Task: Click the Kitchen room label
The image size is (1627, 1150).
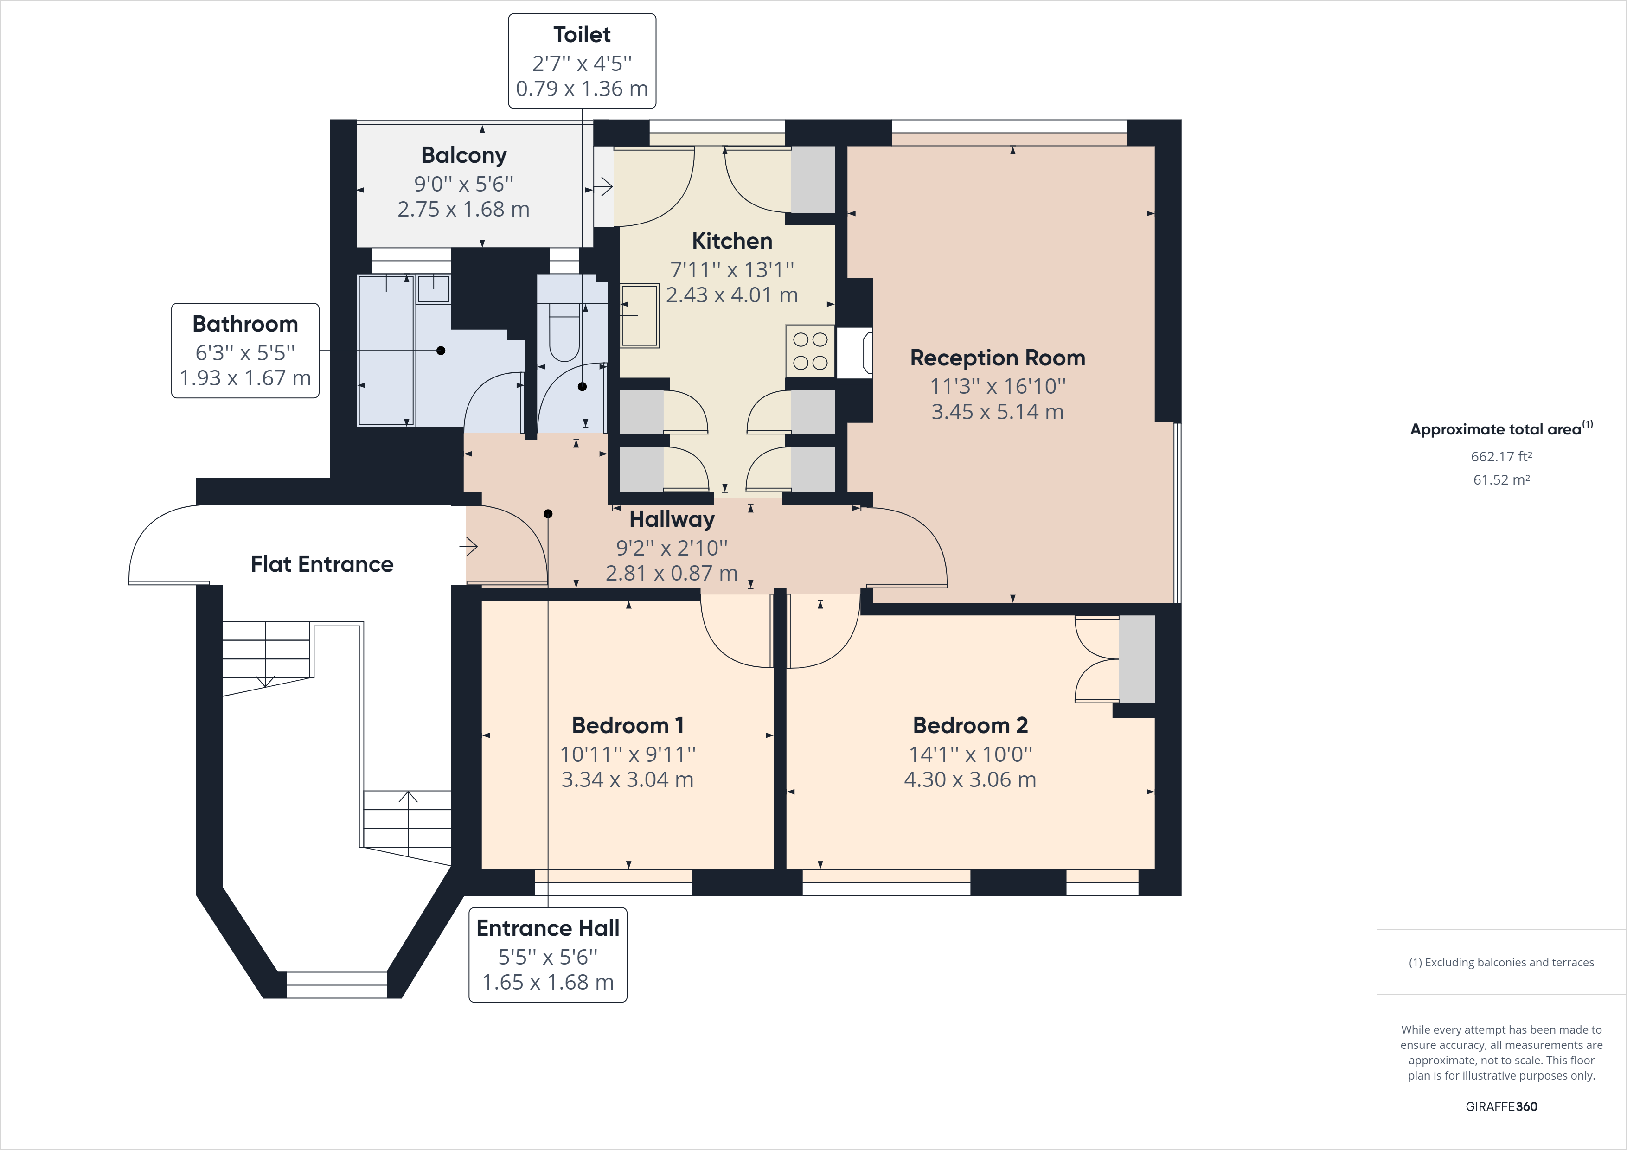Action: click(x=731, y=241)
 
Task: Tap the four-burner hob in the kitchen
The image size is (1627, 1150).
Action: click(x=810, y=351)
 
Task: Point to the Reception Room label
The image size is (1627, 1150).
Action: click(x=997, y=358)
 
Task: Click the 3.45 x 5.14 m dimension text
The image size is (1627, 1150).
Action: click(x=997, y=412)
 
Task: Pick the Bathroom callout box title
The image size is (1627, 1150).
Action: click(x=245, y=324)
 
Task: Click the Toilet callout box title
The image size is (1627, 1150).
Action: click(x=582, y=35)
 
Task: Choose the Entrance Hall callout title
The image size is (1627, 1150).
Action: click(x=548, y=928)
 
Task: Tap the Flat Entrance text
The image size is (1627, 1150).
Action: click(x=322, y=564)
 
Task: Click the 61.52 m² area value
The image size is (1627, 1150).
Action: click(x=1501, y=479)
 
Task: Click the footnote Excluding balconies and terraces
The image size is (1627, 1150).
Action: click(x=1501, y=962)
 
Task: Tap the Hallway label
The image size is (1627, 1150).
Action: click(x=671, y=519)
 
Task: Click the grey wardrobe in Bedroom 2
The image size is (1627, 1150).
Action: click(x=1137, y=659)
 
